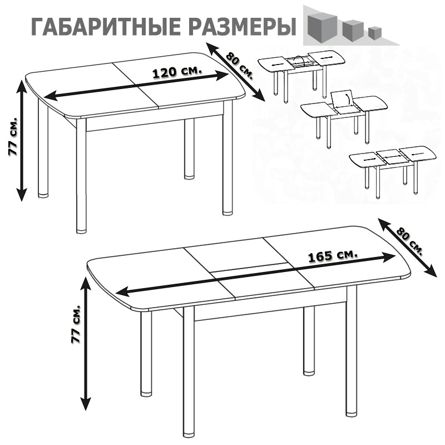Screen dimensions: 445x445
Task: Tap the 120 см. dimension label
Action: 177,72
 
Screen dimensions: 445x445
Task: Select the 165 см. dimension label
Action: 333,256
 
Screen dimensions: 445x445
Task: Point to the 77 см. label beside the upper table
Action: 13,136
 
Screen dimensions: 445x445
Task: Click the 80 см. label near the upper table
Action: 240,66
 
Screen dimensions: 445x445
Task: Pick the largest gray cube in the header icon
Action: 322,27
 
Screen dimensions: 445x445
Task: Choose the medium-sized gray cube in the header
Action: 353,29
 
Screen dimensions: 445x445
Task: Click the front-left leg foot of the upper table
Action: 81,230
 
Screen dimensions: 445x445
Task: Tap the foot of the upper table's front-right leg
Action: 227,212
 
